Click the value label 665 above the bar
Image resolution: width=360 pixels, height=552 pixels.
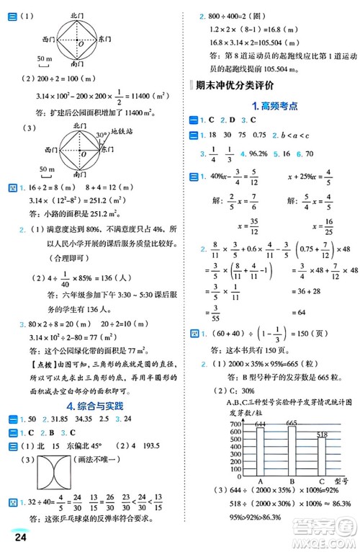(x=292, y=422)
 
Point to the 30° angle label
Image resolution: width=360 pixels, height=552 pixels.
(x=102, y=133)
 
